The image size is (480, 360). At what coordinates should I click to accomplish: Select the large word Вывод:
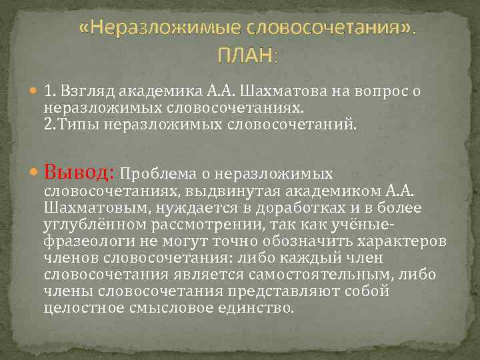[81, 173]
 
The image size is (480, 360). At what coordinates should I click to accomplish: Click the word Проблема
[159, 174]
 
